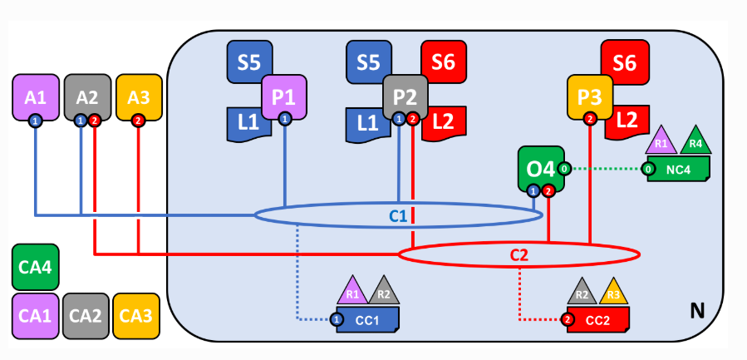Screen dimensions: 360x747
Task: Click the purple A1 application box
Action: (35, 97)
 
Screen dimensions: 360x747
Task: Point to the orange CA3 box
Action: (135, 316)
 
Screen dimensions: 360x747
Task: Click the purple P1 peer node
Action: (284, 97)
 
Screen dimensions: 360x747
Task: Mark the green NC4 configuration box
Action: (679, 170)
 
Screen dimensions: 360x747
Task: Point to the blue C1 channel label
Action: (399, 217)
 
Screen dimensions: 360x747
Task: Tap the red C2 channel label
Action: (519, 254)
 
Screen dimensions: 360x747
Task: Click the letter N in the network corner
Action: (698, 312)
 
